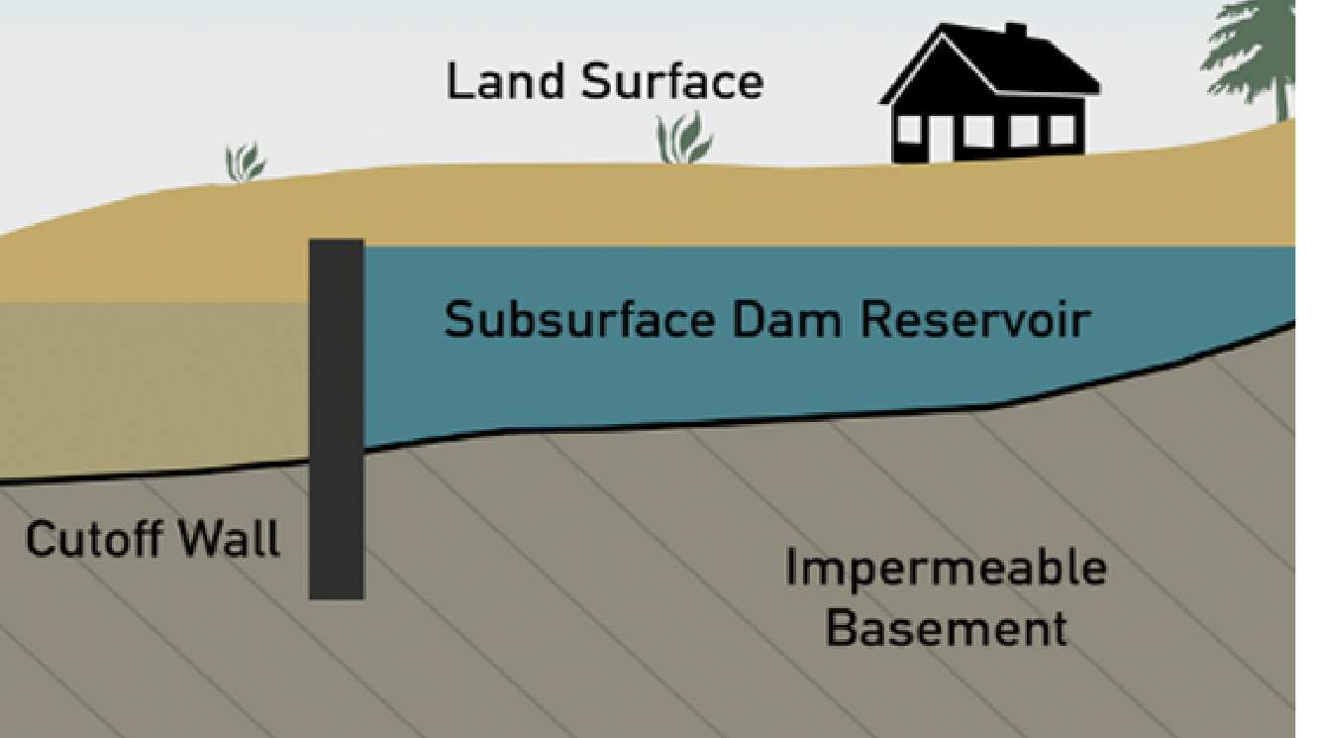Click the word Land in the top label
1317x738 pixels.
[506, 81]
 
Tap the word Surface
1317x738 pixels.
[671, 81]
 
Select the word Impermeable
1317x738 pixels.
[945, 569]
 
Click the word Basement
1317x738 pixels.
[946, 628]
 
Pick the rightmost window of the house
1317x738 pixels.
[1061, 130]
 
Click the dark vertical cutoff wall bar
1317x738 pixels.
[337, 416]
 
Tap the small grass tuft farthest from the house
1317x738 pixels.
[245, 162]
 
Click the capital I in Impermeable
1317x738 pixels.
[792, 569]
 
